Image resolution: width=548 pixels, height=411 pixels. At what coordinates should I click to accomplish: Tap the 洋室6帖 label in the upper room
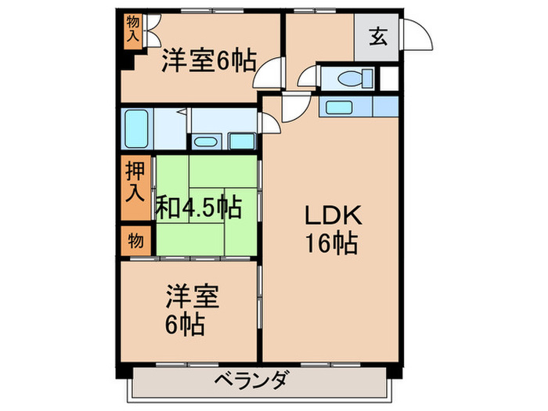point(209,60)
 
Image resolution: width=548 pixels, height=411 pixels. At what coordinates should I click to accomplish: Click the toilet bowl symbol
point(348,78)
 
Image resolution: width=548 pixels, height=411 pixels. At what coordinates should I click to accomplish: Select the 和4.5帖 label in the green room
point(198,207)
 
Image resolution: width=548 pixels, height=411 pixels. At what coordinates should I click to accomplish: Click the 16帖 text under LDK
point(331,244)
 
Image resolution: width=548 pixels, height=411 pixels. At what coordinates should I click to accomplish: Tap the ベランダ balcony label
point(252,381)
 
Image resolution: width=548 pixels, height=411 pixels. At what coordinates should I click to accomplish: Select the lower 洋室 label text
point(191,297)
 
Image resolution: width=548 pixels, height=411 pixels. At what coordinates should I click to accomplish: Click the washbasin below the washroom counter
point(207,142)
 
